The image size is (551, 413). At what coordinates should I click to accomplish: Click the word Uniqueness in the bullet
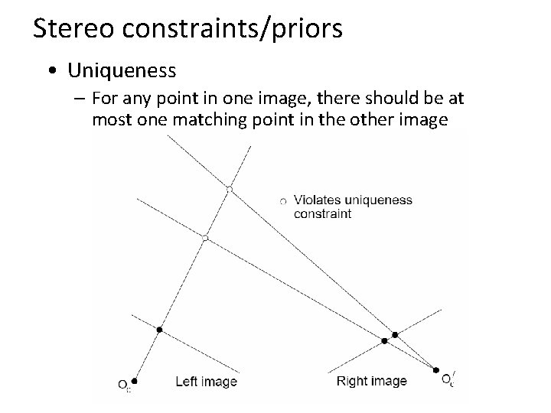click(122, 71)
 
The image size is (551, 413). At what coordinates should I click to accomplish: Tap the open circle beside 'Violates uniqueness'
click(282, 200)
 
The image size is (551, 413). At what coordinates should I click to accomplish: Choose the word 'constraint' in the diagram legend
click(322, 214)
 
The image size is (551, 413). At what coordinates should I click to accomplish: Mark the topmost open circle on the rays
click(229, 188)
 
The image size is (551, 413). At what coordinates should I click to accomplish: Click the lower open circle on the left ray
click(205, 239)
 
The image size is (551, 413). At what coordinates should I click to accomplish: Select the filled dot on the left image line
click(159, 330)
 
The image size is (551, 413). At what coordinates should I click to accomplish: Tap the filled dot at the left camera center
click(135, 380)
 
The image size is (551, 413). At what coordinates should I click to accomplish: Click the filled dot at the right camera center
click(437, 369)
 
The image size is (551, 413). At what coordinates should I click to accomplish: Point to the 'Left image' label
click(206, 381)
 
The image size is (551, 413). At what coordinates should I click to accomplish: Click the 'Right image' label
click(371, 381)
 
